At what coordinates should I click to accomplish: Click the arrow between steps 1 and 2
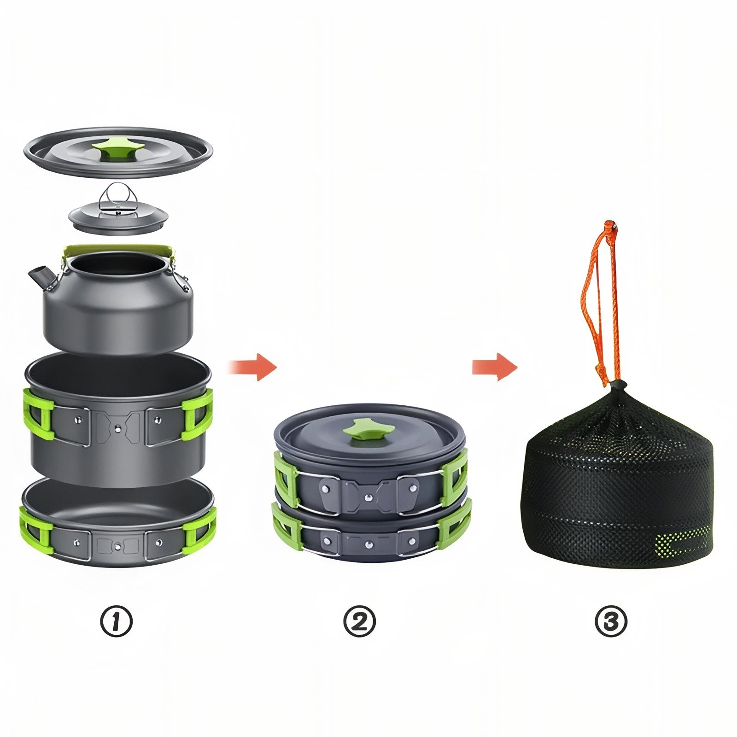[x=253, y=367]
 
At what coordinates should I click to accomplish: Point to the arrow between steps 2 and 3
[x=495, y=367]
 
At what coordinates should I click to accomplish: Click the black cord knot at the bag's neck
[x=618, y=386]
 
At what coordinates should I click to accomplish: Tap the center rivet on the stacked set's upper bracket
[x=368, y=497]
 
